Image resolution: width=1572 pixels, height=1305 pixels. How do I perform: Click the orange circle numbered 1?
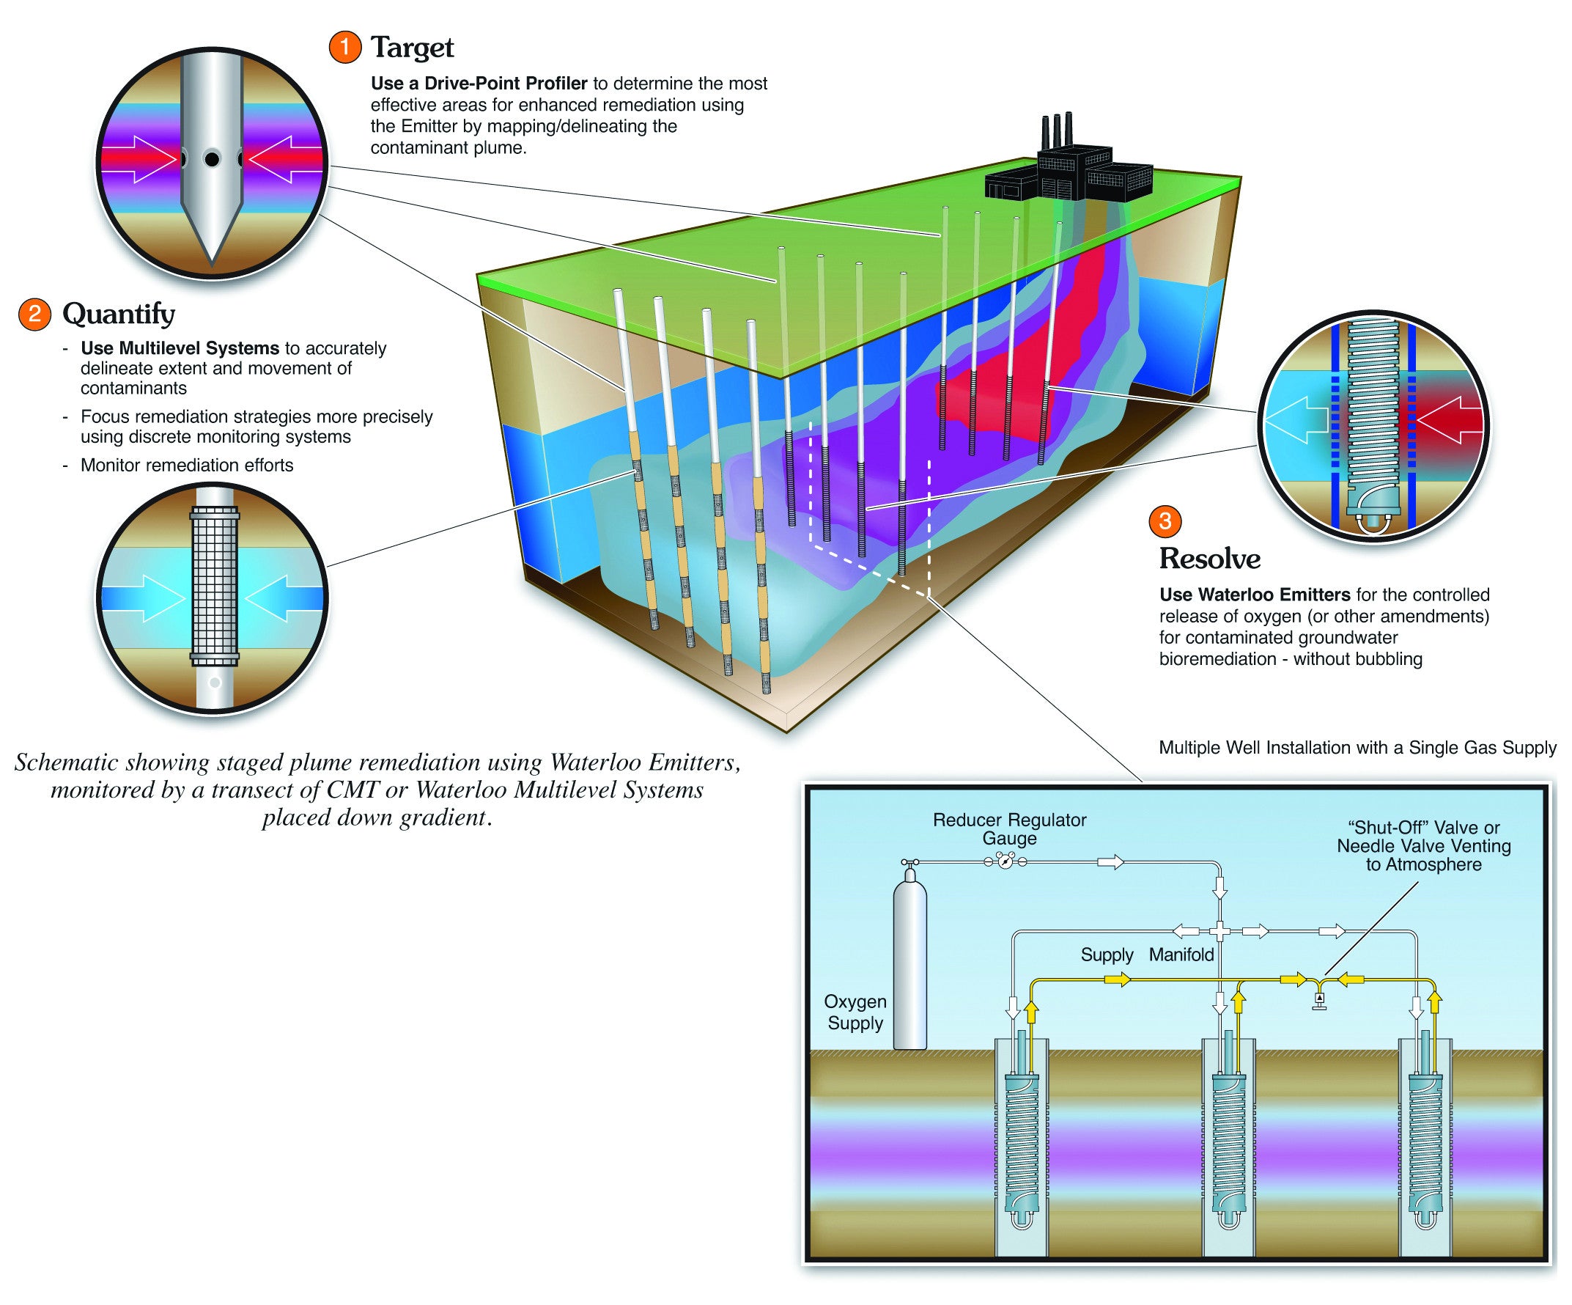(x=344, y=47)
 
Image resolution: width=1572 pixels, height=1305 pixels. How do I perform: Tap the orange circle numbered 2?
(x=34, y=313)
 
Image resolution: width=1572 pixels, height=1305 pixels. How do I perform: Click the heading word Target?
(x=413, y=48)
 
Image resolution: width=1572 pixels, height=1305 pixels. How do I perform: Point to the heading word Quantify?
(x=118, y=314)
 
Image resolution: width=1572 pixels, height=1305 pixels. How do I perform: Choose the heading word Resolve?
(x=1209, y=559)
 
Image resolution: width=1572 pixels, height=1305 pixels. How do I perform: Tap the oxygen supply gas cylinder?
(x=909, y=966)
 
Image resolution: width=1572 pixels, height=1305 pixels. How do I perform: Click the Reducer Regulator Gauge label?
(x=1009, y=828)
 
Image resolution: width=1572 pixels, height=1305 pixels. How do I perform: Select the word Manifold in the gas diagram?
(x=1181, y=955)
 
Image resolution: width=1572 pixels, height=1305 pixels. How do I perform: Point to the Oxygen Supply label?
(x=855, y=1012)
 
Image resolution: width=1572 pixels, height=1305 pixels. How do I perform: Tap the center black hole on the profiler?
(x=212, y=159)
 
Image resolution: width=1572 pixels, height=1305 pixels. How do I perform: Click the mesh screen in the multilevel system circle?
(x=215, y=586)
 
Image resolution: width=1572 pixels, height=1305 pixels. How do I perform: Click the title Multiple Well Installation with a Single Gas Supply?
(x=1357, y=747)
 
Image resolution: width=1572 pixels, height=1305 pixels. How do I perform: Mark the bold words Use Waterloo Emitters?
(x=1255, y=595)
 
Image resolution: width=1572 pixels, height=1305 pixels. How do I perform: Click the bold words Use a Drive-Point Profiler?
(x=479, y=83)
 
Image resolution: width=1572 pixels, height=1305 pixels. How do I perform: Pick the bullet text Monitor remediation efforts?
(x=186, y=465)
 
